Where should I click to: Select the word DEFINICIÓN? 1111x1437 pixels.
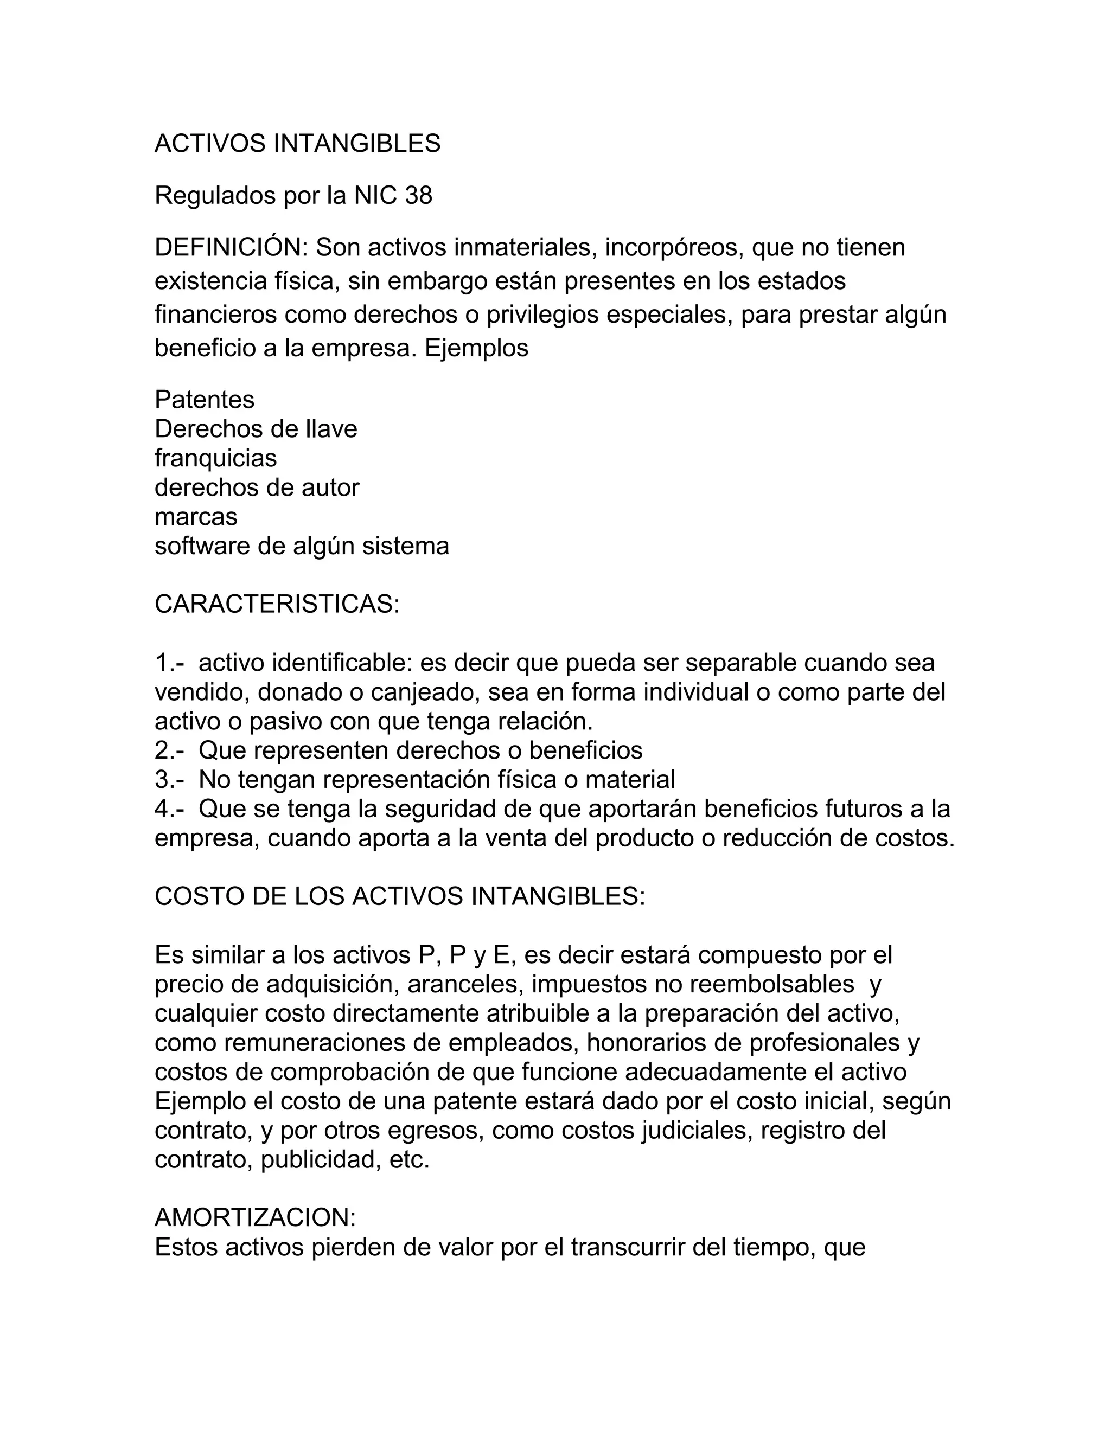(231, 247)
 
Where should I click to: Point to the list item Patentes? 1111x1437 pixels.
(204, 400)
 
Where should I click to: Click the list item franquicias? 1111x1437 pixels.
(215, 458)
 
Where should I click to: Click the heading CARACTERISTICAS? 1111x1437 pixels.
(277, 604)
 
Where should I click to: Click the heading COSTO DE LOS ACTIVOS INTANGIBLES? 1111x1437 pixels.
(399, 897)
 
